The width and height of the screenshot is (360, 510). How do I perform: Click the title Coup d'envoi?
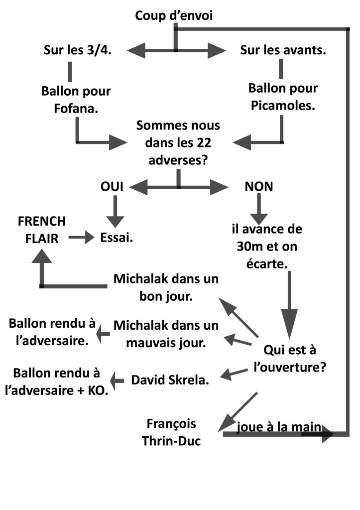pyautogui.click(x=174, y=16)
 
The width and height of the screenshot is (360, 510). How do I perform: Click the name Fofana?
pyautogui.click(x=76, y=108)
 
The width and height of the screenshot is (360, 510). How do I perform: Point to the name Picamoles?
pyautogui.click(x=283, y=106)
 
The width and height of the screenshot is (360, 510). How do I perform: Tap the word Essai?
pyautogui.click(x=117, y=238)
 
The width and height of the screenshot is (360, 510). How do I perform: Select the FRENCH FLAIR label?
pyautogui.click(x=41, y=230)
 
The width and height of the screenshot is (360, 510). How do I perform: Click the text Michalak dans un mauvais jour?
pyautogui.click(x=166, y=334)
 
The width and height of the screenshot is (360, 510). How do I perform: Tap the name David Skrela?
pyautogui.click(x=170, y=380)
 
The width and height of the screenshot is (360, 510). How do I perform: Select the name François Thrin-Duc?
pyautogui.click(x=171, y=432)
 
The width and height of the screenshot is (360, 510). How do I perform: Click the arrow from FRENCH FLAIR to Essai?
pyautogui.click(x=81, y=238)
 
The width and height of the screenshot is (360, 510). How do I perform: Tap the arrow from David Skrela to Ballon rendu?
pyautogui.click(x=118, y=381)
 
